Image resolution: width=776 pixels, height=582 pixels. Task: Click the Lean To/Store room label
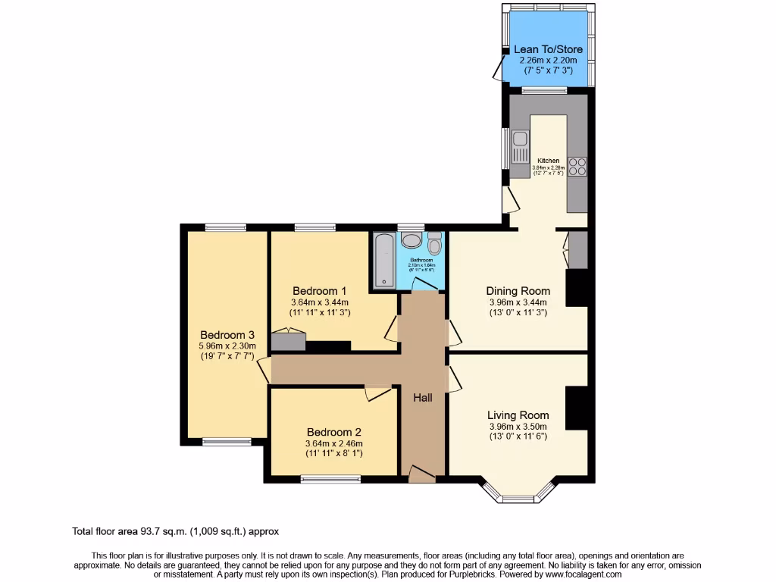point(548,49)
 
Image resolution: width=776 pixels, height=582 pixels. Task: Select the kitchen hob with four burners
point(577,165)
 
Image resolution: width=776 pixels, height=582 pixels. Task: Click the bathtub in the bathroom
point(383,260)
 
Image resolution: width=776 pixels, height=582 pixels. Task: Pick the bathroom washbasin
point(411,241)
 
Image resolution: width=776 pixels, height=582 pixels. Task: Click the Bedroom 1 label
point(320,290)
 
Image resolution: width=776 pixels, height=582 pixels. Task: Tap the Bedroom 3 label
point(227,335)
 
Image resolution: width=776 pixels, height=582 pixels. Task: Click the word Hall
point(423,397)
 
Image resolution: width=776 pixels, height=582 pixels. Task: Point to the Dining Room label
point(518,290)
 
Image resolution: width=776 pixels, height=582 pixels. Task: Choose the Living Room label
point(518,415)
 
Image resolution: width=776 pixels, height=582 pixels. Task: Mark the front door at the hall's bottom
point(422,475)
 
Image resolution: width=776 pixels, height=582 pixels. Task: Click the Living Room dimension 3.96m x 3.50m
point(518,426)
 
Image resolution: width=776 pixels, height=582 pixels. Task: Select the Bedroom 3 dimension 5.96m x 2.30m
point(227,346)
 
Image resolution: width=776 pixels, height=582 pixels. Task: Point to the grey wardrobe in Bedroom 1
point(288,341)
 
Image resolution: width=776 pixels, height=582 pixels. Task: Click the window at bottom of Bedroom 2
point(330,479)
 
